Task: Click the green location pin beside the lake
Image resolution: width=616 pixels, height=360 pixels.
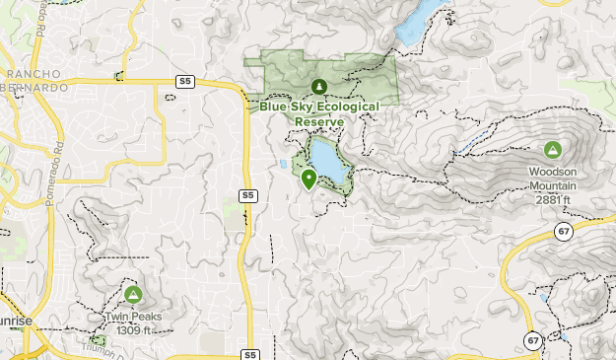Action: [x=308, y=179]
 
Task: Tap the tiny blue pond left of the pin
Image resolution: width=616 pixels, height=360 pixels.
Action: [x=285, y=165]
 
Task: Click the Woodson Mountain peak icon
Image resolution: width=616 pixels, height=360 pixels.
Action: [x=552, y=150]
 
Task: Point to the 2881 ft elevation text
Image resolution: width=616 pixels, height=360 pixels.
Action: [x=553, y=200]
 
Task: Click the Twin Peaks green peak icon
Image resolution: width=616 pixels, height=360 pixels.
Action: [x=133, y=294]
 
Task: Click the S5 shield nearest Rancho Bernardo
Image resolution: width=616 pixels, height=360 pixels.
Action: [x=184, y=80]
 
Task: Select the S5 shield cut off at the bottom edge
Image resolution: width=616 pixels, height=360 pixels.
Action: [x=249, y=354]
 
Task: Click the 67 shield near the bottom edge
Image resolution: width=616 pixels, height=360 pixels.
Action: [x=533, y=340]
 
